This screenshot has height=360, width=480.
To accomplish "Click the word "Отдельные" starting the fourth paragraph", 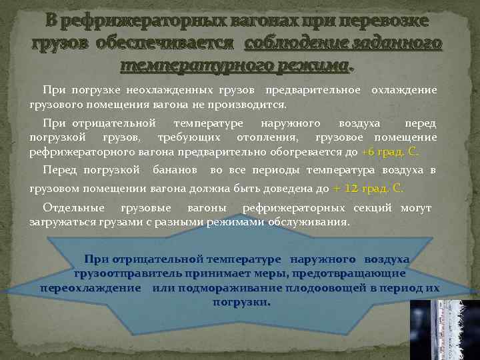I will [70, 207].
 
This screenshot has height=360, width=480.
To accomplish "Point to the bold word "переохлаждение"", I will [91, 287].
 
